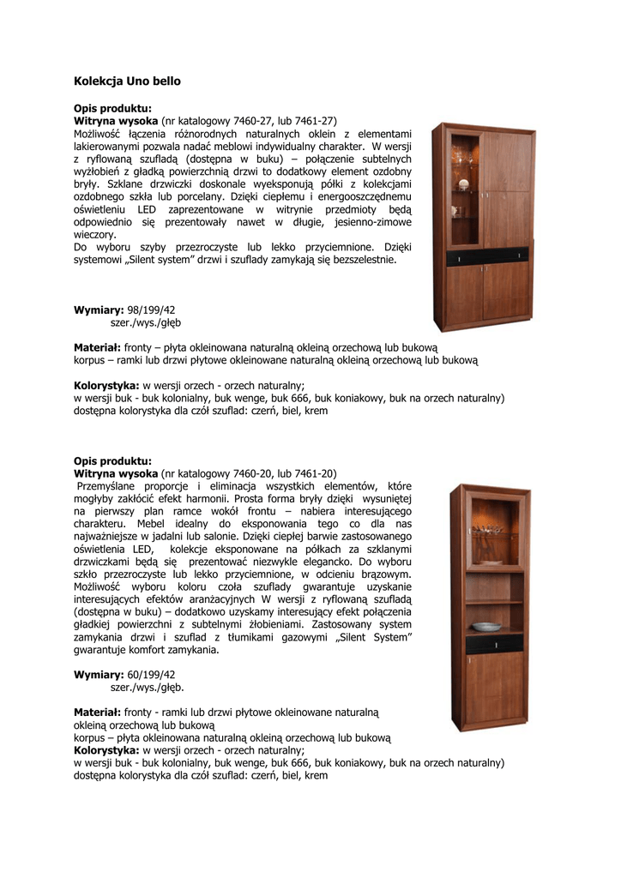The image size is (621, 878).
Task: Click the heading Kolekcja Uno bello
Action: point(127,81)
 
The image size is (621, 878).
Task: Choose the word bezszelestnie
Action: point(361,259)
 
